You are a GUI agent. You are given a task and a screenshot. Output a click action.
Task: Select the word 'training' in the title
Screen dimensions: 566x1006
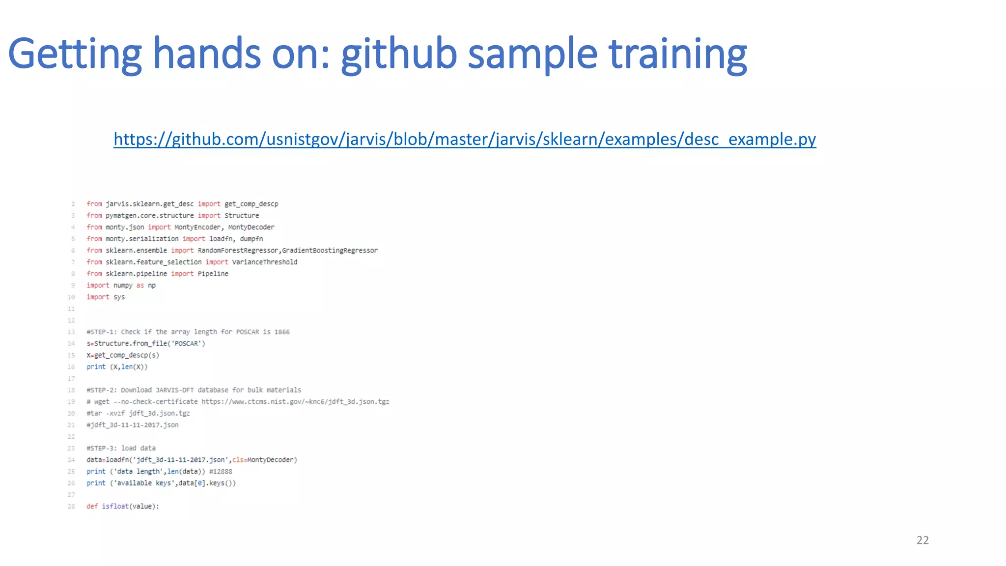click(x=678, y=54)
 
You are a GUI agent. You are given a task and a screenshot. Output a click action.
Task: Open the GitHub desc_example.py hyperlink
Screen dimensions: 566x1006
click(x=465, y=140)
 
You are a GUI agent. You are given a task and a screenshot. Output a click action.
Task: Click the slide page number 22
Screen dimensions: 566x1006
click(x=922, y=540)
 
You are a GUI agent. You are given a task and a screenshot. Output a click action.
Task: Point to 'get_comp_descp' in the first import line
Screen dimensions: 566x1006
click(x=251, y=204)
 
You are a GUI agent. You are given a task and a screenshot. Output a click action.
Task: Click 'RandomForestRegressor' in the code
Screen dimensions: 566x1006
click(x=239, y=251)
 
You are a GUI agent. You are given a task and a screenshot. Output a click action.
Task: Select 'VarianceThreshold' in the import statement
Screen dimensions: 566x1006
click(x=264, y=262)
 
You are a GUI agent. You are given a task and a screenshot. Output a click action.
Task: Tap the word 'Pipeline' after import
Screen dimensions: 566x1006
click(x=213, y=274)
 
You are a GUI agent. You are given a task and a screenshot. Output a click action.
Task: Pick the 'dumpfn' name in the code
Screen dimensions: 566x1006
click(x=251, y=239)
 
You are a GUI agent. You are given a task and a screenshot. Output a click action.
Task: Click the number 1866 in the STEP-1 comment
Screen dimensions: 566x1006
click(x=282, y=332)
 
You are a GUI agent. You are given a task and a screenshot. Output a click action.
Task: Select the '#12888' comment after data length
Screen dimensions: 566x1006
click(x=221, y=472)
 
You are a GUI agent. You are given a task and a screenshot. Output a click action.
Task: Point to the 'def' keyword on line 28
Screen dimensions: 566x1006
click(x=92, y=507)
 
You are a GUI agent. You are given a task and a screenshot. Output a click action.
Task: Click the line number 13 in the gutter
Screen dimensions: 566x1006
click(x=71, y=332)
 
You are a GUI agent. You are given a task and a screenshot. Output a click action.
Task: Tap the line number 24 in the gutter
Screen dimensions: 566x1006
click(x=71, y=460)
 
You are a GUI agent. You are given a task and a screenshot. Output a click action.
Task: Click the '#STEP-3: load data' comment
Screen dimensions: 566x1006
click(x=121, y=448)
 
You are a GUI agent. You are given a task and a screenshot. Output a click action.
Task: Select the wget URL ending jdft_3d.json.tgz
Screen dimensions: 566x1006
click(x=295, y=402)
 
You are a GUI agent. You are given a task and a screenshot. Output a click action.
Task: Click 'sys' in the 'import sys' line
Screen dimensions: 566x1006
click(x=119, y=297)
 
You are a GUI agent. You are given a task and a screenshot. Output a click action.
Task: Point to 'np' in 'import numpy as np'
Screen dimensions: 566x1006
click(x=152, y=285)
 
